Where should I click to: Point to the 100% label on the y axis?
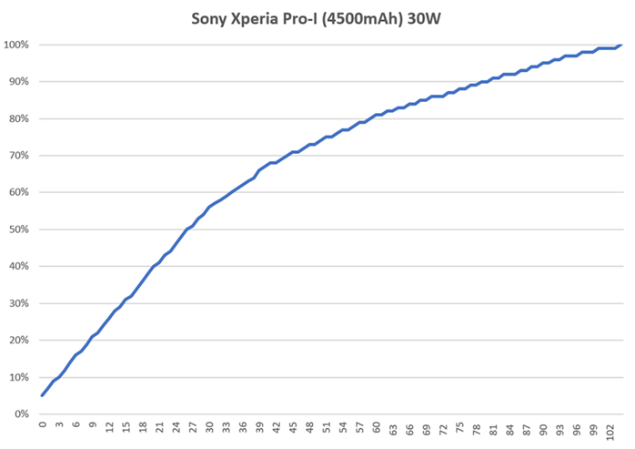point(15,45)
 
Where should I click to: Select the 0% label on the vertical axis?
point(21,414)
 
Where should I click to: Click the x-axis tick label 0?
point(43,424)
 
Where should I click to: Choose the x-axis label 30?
point(210,426)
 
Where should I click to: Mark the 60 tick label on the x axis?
point(378,426)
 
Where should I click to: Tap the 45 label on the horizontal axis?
point(294,426)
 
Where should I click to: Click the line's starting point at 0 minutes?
point(43,395)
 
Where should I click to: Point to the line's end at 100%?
point(620,45)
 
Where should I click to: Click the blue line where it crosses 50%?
point(187,229)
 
